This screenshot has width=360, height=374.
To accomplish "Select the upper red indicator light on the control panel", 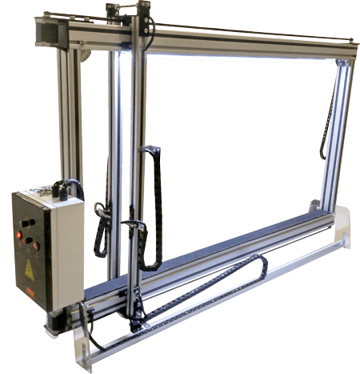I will (19, 235).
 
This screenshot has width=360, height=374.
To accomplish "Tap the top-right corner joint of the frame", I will (343, 61).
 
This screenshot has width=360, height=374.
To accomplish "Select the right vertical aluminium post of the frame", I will (336, 136).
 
